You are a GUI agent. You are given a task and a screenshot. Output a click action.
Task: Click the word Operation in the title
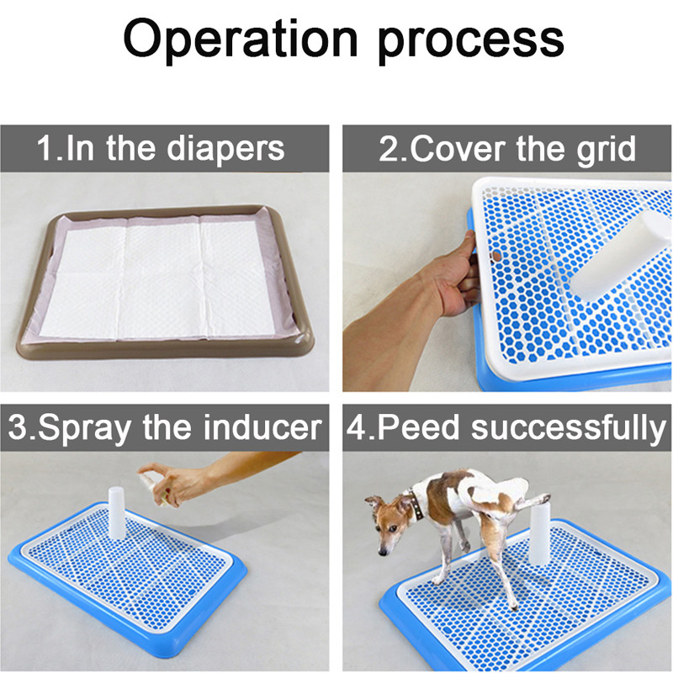coord(241,40)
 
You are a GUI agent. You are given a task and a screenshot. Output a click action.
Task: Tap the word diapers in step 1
coord(225,150)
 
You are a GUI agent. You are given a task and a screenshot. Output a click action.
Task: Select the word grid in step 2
coord(607,150)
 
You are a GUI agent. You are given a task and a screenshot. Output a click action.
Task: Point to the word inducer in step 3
coord(262,427)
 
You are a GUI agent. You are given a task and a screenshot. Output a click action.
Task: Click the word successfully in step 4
coord(570,428)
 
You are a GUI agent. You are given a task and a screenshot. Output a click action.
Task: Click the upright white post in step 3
coord(116,512)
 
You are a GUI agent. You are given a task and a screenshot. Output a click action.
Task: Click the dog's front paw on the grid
coord(437,580)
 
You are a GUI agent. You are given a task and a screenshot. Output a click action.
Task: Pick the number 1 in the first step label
coord(45,148)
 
